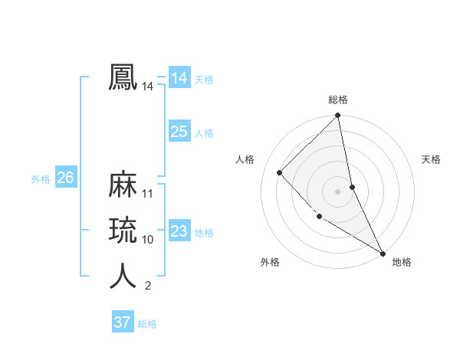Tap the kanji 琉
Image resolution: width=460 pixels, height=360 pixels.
(123, 231)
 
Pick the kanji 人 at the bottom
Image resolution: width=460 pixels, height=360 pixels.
(123, 277)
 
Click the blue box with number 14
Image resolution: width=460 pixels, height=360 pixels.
(179, 78)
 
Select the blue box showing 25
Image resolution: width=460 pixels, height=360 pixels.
(179, 132)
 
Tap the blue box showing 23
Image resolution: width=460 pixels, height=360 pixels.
(179, 231)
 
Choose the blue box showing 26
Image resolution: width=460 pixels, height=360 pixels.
(65, 178)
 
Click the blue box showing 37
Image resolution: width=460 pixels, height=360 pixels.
(122, 322)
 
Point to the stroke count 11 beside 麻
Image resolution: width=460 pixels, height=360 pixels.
(148, 194)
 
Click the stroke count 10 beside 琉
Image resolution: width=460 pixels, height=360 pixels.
(148, 240)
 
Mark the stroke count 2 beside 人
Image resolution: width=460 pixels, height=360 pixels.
(148, 286)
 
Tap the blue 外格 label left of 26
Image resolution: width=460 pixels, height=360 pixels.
(41, 179)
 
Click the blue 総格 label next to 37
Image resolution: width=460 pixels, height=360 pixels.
(147, 324)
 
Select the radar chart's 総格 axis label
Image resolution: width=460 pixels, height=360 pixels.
(338, 100)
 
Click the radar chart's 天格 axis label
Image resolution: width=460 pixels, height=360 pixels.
(431, 159)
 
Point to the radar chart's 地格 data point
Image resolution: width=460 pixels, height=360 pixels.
(382, 252)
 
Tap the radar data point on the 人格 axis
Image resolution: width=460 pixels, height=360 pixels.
(280, 172)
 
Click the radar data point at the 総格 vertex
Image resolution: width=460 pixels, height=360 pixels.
(338, 116)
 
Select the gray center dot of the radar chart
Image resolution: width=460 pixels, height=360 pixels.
(338, 191)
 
